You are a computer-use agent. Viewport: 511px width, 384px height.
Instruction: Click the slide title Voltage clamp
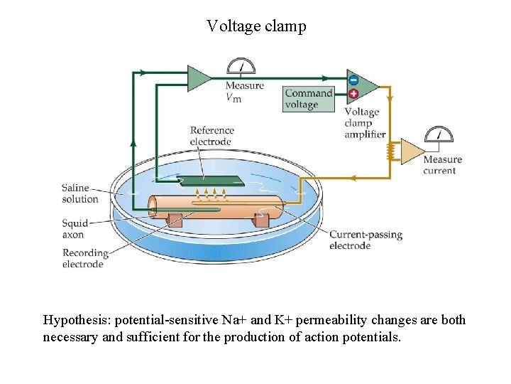coord(256,26)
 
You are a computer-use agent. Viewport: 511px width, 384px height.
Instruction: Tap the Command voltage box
coord(308,99)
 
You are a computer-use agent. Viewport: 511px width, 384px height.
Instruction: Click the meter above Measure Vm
coord(241,66)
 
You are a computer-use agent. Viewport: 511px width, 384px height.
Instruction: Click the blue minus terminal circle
coord(353,80)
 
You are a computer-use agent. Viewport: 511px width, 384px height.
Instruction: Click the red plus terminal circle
coord(353,92)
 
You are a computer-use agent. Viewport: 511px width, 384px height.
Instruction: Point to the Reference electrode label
coord(211,136)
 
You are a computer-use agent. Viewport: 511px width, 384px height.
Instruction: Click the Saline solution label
coord(80,193)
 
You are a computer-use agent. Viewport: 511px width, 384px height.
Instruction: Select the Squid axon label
coord(74,228)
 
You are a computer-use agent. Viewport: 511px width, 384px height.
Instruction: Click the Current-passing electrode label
coord(365,240)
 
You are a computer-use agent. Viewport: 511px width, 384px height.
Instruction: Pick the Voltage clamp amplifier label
coord(365,123)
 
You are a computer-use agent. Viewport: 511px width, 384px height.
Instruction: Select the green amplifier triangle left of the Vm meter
coord(199,78)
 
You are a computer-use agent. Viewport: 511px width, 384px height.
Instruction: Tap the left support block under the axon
coord(175,220)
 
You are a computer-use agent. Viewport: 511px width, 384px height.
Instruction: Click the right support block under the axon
coord(261,220)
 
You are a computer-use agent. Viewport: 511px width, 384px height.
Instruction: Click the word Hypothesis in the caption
coord(75,320)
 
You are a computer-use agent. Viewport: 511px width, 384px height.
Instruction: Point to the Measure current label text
coord(442,165)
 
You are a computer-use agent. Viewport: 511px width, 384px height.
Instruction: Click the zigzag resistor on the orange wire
coord(389,151)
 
